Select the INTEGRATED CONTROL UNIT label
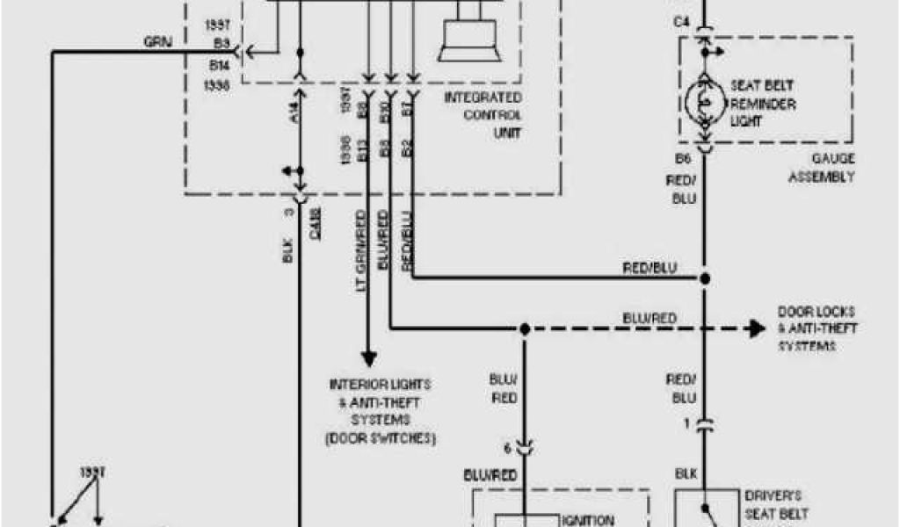[x=483, y=115]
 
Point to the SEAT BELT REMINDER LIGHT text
[x=763, y=104]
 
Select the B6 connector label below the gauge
[x=683, y=159]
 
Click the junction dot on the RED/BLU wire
[x=703, y=279]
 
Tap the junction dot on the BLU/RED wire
[x=524, y=329]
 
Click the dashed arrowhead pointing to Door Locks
[x=754, y=329]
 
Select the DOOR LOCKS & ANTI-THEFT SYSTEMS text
[x=817, y=329]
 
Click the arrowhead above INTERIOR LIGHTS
[x=369, y=358]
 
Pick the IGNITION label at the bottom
[x=589, y=520]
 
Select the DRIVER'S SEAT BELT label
[x=776, y=505]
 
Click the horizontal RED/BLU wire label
[x=650, y=268]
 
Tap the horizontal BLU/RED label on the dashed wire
[x=650, y=318]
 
